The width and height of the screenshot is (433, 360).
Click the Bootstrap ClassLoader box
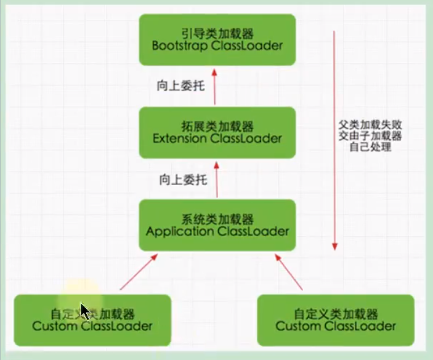[x=217, y=39]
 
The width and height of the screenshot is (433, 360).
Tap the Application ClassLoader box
[x=217, y=225]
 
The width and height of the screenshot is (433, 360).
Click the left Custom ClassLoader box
[x=92, y=319]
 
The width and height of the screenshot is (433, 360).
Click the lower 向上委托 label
[x=177, y=181]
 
